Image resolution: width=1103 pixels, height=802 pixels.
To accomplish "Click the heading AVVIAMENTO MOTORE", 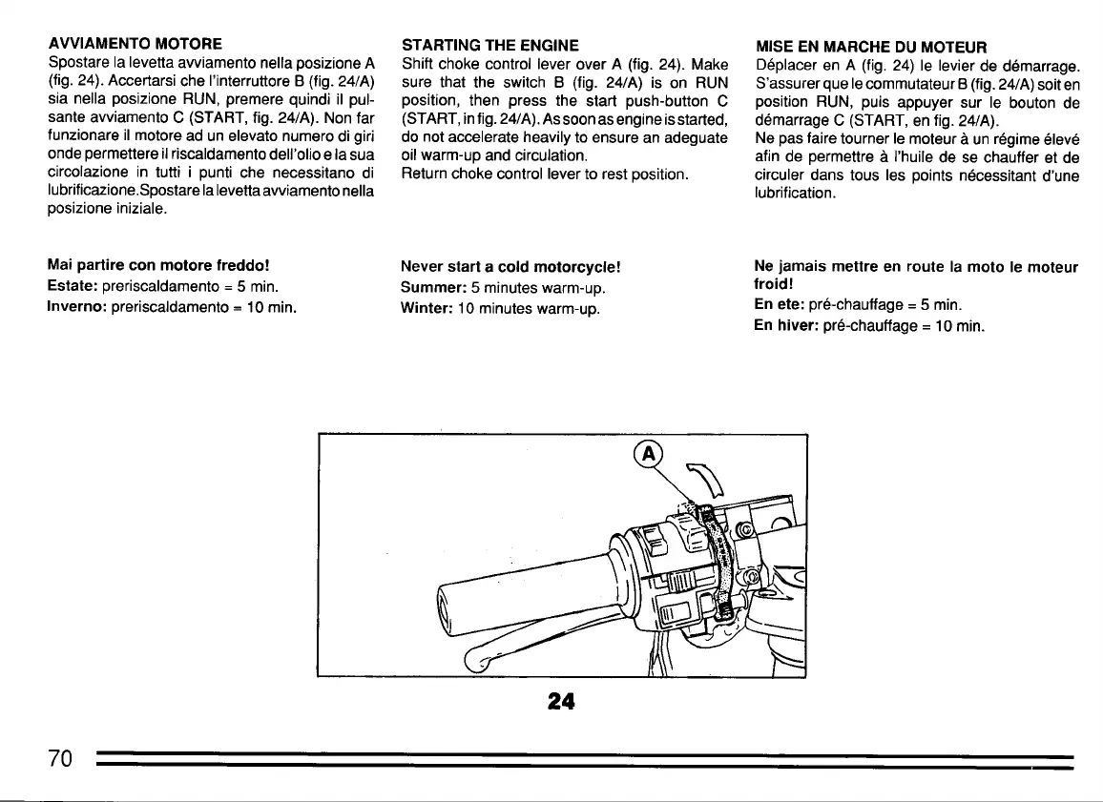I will [135, 44].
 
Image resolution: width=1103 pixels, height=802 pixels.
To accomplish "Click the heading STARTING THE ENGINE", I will [490, 45].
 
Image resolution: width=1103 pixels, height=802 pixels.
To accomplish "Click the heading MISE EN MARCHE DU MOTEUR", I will [870, 47].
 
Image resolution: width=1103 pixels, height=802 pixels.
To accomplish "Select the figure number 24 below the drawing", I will [561, 701].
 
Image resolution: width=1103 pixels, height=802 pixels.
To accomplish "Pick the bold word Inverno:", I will [79, 307].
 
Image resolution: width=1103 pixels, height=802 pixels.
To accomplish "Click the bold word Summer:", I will [434, 287].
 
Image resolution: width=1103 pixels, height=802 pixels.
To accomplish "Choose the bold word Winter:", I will [429, 308].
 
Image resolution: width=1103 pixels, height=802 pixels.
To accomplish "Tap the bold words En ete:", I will [779, 306].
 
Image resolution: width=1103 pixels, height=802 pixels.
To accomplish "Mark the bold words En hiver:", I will [785, 325].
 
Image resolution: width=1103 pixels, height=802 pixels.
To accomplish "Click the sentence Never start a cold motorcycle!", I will [511, 266].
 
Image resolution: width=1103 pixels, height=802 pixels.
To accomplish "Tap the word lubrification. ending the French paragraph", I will [795, 193].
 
